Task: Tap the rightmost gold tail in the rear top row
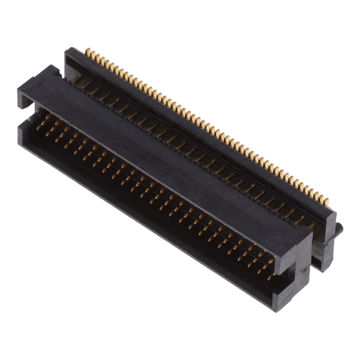(x=327, y=200)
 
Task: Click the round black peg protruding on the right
(x=339, y=228)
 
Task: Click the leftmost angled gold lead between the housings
(x=76, y=79)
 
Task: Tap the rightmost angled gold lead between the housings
(x=309, y=225)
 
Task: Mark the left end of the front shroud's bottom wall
(x=22, y=135)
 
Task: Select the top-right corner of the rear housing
(x=335, y=214)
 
